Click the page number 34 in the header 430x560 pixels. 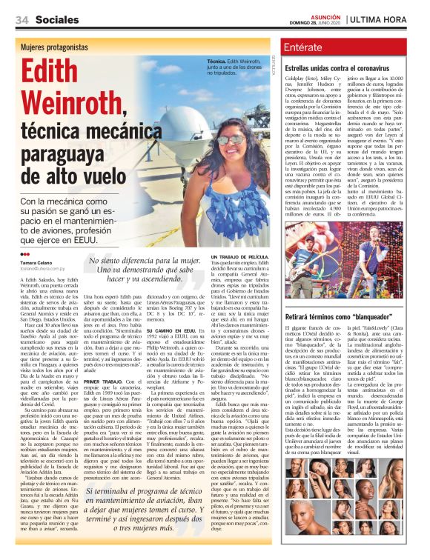(21, 19)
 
